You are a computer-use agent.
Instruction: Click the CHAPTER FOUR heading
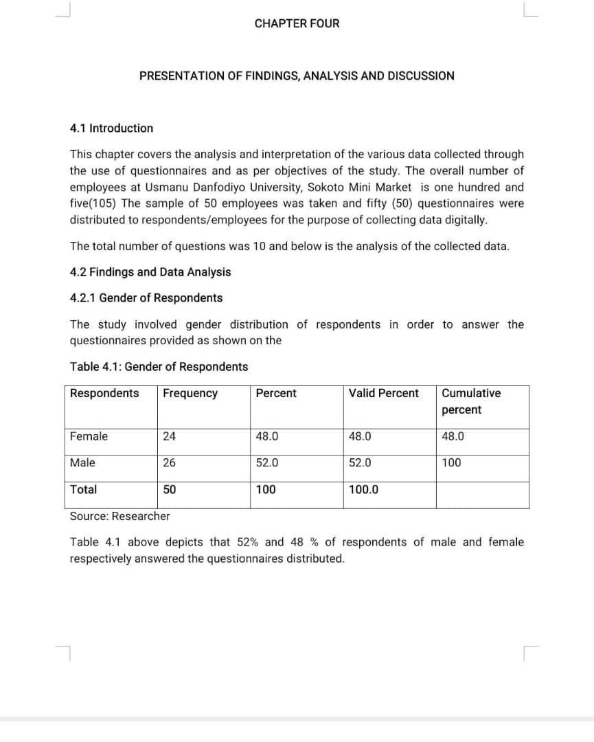pyautogui.click(x=297, y=23)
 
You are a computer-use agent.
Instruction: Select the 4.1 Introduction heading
pyautogui.click(x=111, y=128)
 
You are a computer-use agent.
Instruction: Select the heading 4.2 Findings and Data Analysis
pyautogui.click(x=150, y=272)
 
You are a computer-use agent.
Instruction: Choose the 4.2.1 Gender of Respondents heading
pyautogui.click(x=146, y=297)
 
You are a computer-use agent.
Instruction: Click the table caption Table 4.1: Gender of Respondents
pyautogui.click(x=159, y=366)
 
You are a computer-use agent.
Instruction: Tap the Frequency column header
pyautogui.click(x=190, y=393)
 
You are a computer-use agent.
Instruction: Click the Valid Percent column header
pyautogui.click(x=383, y=393)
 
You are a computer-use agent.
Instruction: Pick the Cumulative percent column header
pyautogui.click(x=471, y=401)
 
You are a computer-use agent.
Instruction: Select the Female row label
pyautogui.click(x=89, y=436)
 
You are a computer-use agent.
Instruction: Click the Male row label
pyautogui.click(x=82, y=462)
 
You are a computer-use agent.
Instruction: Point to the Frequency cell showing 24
pyautogui.click(x=169, y=436)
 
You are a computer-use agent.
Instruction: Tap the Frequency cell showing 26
pyautogui.click(x=169, y=462)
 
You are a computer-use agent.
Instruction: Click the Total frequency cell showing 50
pyautogui.click(x=169, y=489)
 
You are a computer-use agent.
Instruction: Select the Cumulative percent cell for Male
pyautogui.click(x=451, y=462)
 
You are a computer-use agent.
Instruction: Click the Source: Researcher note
pyautogui.click(x=119, y=515)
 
